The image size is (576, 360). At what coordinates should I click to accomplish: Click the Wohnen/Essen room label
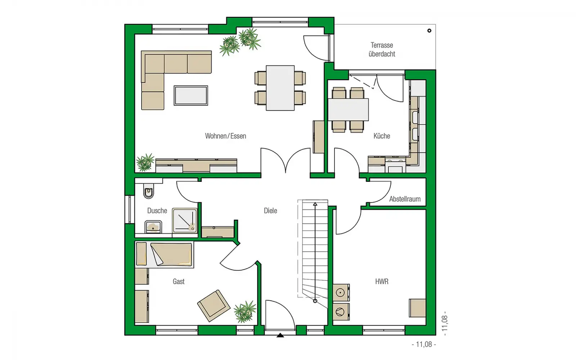pyautogui.click(x=225, y=136)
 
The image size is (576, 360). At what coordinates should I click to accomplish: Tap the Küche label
pyautogui.click(x=382, y=136)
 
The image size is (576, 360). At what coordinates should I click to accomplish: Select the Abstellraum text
pyautogui.click(x=405, y=199)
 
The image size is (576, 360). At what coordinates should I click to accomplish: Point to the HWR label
pyautogui.click(x=382, y=282)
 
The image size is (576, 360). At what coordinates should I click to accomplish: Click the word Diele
pyautogui.click(x=270, y=211)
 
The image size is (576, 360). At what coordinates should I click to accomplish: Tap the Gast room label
pyautogui.click(x=179, y=282)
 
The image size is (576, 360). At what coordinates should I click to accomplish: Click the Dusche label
pyautogui.click(x=157, y=211)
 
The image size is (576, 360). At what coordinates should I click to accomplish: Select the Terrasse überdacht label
pyautogui.click(x=382, y=50)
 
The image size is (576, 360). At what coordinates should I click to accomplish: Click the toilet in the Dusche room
pyautogui.click(x=149, y=191)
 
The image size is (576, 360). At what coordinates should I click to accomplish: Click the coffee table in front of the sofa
pyautogui.click(x=191, y=95)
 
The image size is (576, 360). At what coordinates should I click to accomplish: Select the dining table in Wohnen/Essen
pyautogui.click(x=280, y=88)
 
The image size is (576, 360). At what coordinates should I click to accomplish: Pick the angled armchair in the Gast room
pyautogui.click(x=214, y=306)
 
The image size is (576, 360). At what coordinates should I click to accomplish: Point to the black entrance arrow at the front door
pyautogui.click(x=280, y=335)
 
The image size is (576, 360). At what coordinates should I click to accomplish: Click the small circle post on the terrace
pyautogui.click(x=429, y=31)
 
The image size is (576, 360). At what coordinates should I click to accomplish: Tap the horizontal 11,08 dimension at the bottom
pyautogui.click(x=424, y=344)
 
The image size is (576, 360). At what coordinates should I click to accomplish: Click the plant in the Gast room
pyautogui.click(x=245, y=312)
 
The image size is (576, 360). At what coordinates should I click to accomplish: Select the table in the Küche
pyautogui.click(x=348, y=109)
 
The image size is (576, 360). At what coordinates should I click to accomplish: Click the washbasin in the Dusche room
pyautogui.click(x=153, y=227)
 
